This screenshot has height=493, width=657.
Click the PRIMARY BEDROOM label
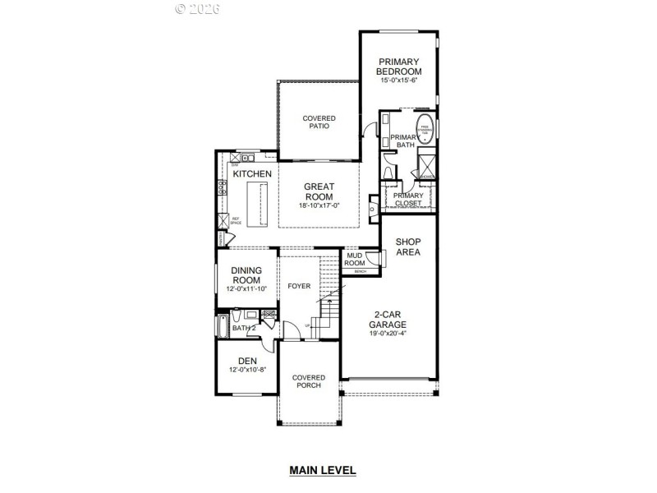pos(398,67)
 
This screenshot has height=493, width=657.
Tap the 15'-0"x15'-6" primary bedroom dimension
pos(398,81)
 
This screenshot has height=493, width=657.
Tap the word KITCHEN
pos(252,175)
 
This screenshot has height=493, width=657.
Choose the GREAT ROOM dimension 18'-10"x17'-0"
pos(319,206)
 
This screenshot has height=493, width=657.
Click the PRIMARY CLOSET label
pos(408,199)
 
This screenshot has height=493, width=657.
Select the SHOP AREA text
pos(408,247)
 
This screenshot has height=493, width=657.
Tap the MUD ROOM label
pos(355,259)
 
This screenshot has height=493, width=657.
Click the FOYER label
pos(298,286)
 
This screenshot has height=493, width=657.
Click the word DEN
pos(247,361)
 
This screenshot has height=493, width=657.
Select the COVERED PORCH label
pos(309,382)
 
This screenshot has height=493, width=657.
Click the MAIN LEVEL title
pos(322,471)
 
